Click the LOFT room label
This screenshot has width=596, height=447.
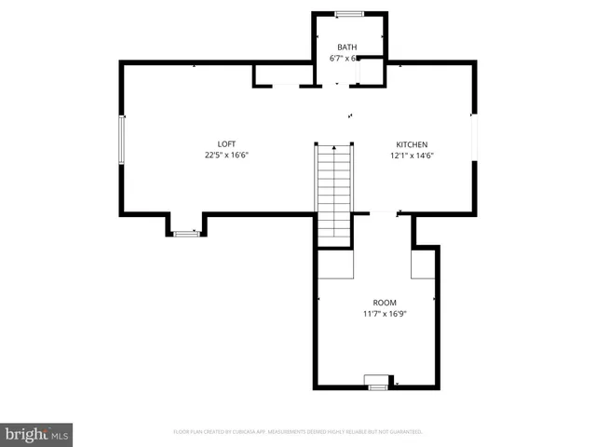[x=226, y=144]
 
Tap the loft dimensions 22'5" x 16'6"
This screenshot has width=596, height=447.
[x=226, y=155]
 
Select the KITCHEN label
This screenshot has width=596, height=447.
[x=412, y=144]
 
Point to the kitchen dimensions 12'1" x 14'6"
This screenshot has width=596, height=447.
[x=412, y=155]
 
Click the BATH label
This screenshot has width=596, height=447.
[x=346, y=47]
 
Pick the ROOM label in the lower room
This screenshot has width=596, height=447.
[x=385, y=303]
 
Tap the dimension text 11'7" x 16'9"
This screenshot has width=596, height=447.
[x=385, y=314]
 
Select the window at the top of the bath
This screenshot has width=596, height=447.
[x=349, y=13]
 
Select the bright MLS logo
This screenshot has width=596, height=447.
[x=36, y=434]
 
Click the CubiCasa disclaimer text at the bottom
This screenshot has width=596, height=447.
[x=298, y=432]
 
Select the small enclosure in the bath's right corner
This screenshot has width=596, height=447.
[x=372, y=72]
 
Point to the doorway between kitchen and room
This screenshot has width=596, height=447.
[x=384, y=214]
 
